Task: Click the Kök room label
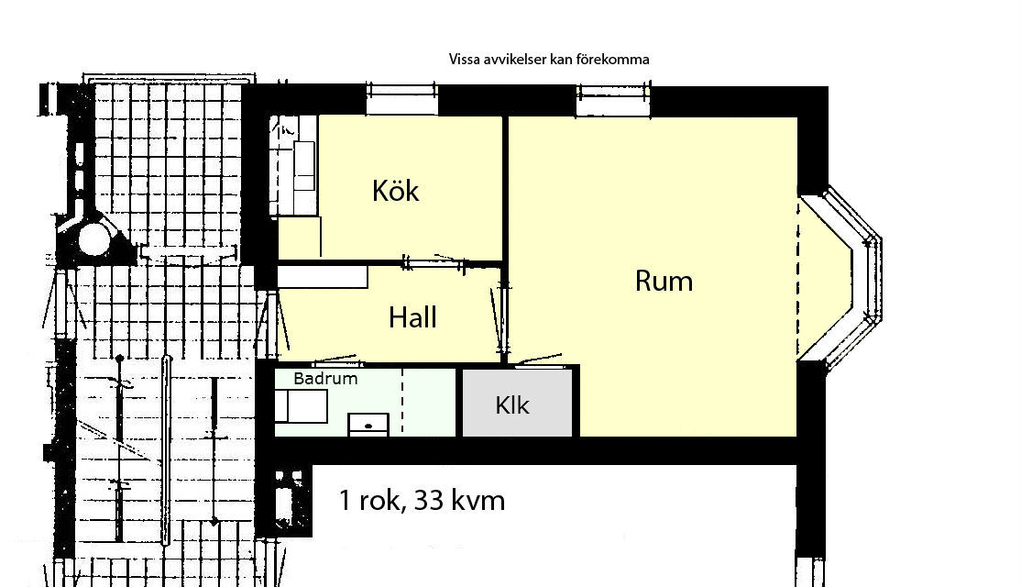(395, 191)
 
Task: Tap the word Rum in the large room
(664, 281)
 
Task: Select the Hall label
(412, 317)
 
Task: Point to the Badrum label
(325, 379)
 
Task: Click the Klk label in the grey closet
(511, 405)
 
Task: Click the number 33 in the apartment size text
(429, 501)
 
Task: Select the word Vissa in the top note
(465, 60)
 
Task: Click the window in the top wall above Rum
(613, 101)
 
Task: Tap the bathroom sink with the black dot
(368, 424)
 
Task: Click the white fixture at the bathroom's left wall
(301, 406)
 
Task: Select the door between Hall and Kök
(434, 263)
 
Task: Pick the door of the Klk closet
(539, 361)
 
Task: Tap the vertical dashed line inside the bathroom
(401, 401)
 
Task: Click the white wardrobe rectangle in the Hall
(323, 276)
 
